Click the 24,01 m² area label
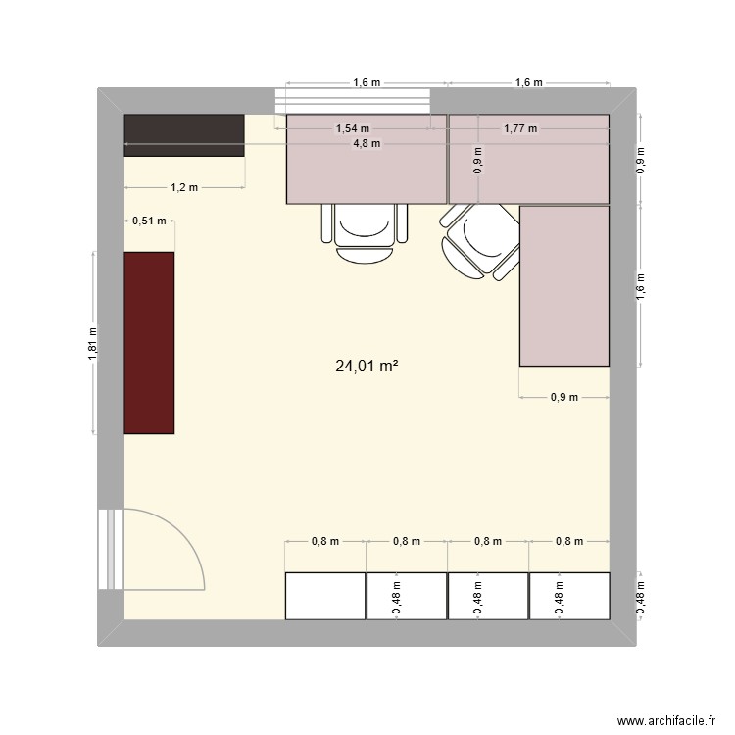point(367,367)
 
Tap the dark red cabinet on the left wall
point(149,342)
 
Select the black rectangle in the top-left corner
point(183,134)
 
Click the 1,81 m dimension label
point(92,343)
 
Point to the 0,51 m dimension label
point(149,221)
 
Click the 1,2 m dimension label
point(184,187)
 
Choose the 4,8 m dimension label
point(367,143)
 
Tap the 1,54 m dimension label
point(353,128)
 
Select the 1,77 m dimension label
point(521,128)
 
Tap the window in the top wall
point(353,100)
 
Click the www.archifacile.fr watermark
point(662,721)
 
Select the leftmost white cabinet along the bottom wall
point(325,595)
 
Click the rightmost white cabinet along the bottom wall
point(569,595)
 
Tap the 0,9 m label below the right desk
point(563,397)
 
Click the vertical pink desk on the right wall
point(563,285)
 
